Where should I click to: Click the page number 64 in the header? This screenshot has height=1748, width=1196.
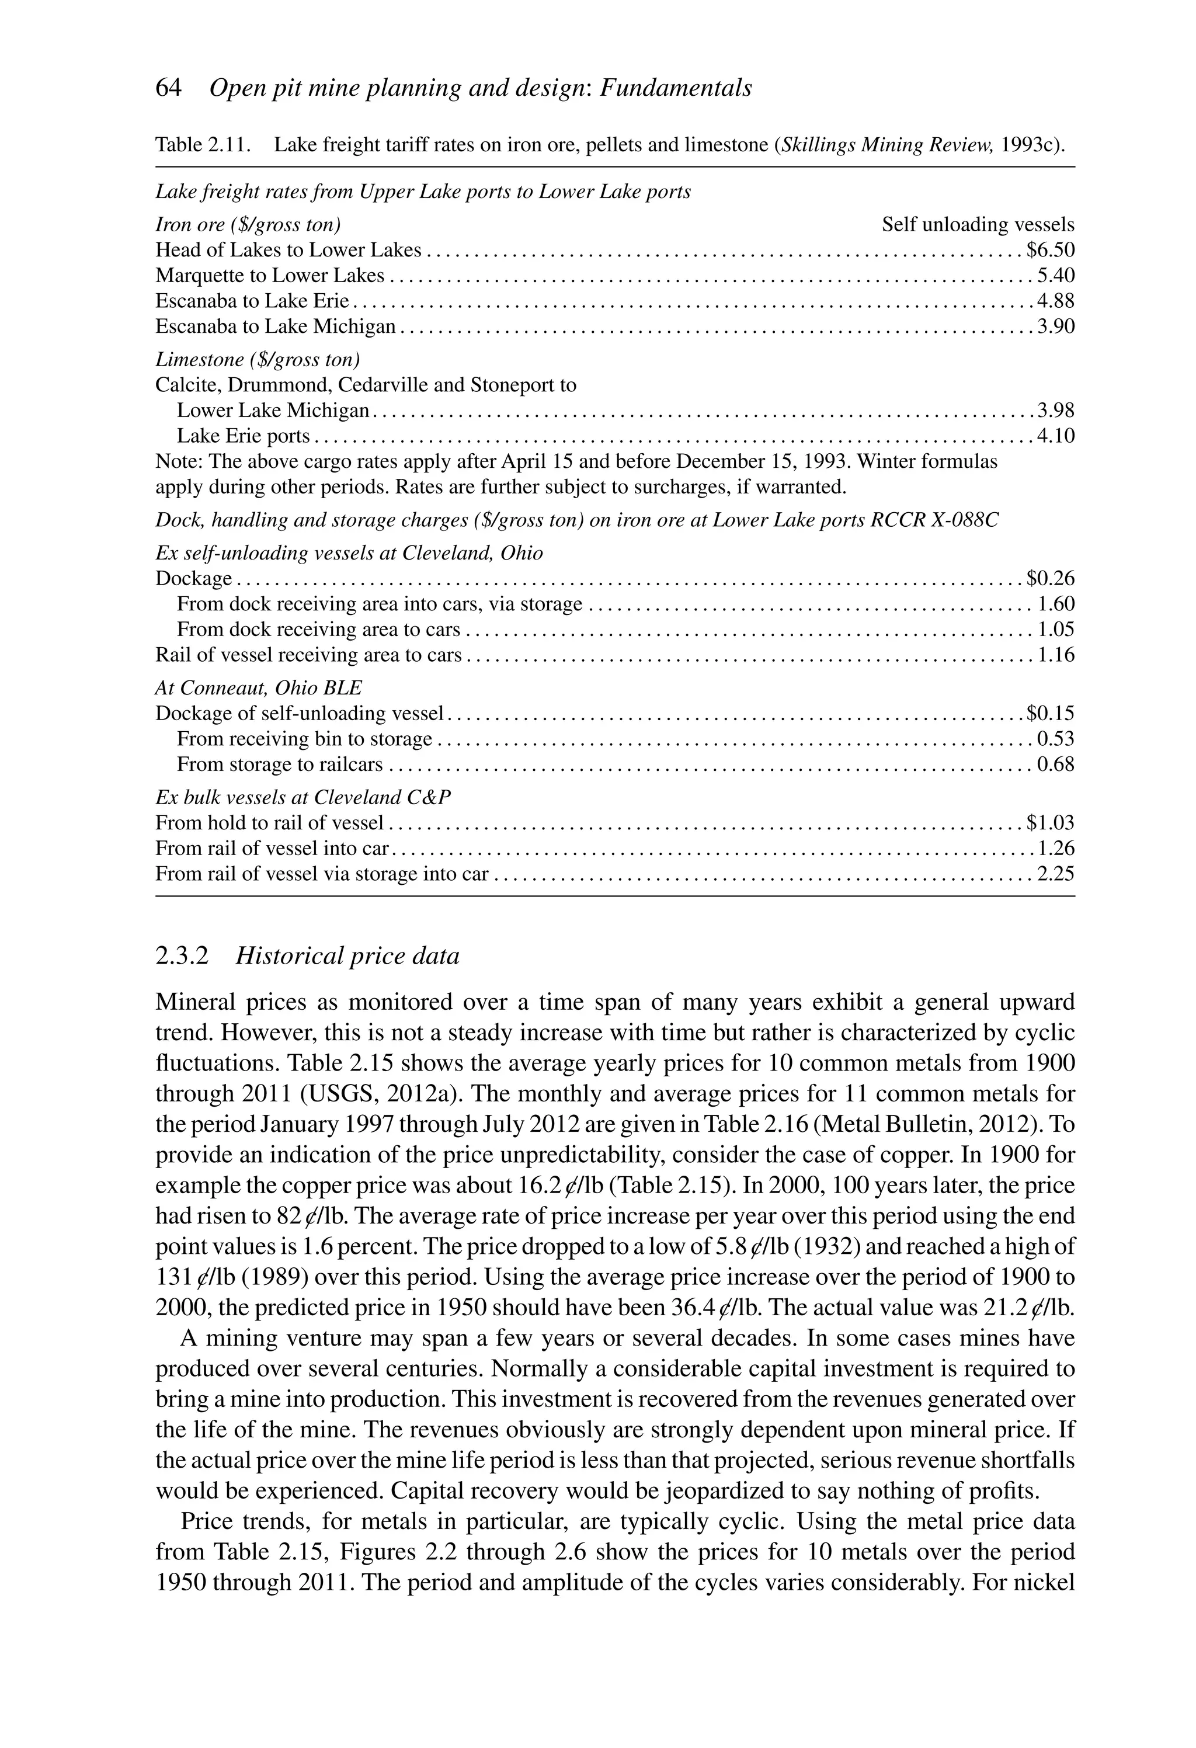click(x=169, y=89)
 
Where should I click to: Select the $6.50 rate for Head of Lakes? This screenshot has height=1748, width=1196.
click(x=1050, y=250)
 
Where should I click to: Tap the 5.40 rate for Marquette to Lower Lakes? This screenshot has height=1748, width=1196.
click(x=1055, y=275)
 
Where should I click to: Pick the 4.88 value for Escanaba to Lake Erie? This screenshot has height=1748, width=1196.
click(x=1055, y=301)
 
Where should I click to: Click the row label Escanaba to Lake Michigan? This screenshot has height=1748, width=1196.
click(x=275, y=326)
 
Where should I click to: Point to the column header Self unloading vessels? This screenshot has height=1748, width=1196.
click(x=978, y=224)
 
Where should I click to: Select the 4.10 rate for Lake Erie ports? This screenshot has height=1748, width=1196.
click(x=1055, y=436)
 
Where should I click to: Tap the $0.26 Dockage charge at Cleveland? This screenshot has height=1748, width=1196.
click(x=1050, y=578)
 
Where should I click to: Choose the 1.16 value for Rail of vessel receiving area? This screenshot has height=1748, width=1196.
click(x=1055, y=655)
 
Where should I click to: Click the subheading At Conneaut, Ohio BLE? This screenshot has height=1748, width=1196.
click(x=258, y=687)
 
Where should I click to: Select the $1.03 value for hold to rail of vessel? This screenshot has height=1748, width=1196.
click(x=1050, y=823)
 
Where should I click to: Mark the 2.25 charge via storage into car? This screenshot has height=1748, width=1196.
click(x=1055, y=874)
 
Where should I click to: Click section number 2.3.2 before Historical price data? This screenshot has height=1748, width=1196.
click(x=181, y=956)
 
